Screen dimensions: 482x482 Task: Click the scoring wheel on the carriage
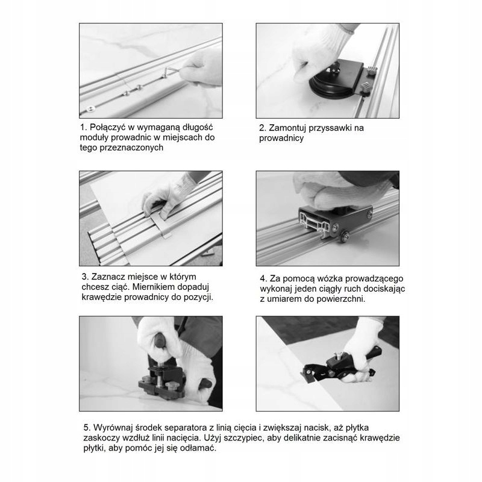click(x=345, y=236)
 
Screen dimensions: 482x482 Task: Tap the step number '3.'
click(x=85, y=277)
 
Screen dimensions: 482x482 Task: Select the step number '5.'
click(x=87, y=428)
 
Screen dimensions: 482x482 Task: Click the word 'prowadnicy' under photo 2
click(x=281, y=139)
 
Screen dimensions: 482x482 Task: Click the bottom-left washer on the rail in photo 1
click(x=90, y=108)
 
